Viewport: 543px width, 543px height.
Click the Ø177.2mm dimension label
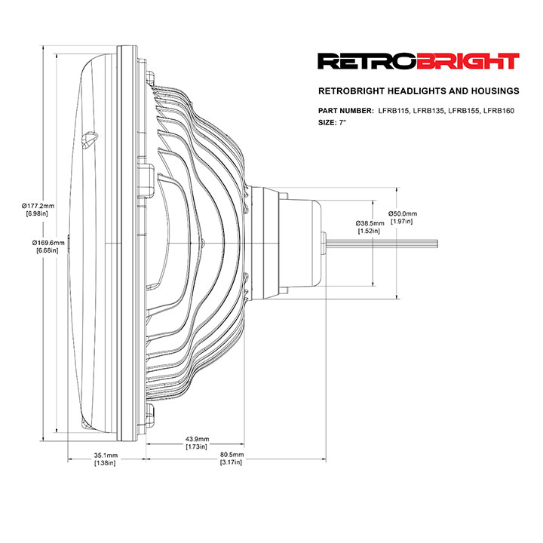pos(38,206)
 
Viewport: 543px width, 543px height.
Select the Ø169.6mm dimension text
pos(48,243)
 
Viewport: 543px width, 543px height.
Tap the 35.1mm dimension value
pos(106,455)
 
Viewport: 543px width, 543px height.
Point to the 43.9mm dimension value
pos(197,439)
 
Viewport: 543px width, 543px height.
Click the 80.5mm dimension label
pos(232,454)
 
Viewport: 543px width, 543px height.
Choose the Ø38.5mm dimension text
pos(370,223)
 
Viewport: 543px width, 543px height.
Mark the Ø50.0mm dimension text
pos(403,213)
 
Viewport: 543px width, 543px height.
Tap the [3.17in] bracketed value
pos(231,462)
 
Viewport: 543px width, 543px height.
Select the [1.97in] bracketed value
pos(402,221)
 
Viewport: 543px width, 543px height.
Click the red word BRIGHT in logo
pos(468,61)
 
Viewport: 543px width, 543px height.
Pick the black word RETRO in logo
pos(367,61)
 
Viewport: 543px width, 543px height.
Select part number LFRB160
pos(499,111)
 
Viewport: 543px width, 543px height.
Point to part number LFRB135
pos(428,111)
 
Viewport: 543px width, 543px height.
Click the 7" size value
pos(342,123)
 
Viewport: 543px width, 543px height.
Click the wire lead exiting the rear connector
pos(382,243)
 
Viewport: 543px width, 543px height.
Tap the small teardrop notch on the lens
pos(89,140)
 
